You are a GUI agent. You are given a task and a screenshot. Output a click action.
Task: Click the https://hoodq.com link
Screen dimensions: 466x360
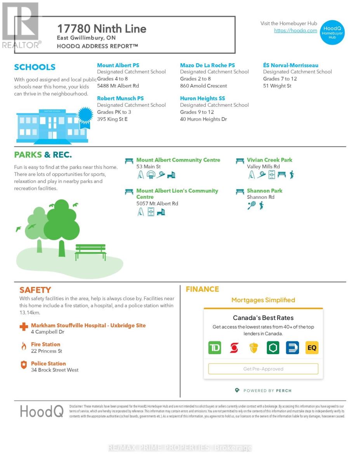pyautogui.click(x=296, y=31)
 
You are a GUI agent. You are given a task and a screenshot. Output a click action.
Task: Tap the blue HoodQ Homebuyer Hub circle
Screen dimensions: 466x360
pyautogui.click(x=332, y=33)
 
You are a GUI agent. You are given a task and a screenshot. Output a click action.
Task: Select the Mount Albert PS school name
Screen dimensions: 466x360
pyautogui.click(x=118, y=65)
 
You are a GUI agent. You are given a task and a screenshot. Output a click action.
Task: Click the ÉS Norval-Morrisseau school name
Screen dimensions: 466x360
pyautogui.click(x=290, y=65)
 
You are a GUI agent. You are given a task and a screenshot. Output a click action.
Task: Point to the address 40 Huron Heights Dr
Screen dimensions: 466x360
pyautogui.click(x=203, y=119)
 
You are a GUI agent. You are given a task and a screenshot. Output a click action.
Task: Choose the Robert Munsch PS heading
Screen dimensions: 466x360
pyautogui.click(x=120, y=99)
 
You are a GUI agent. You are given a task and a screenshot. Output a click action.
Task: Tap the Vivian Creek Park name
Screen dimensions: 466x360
pyautogui.click(x=270, y=160)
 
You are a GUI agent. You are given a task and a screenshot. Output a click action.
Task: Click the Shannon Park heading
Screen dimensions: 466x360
pyautogui.click(x=264, y=191)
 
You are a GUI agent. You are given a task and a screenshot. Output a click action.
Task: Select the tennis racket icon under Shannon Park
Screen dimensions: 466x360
pyautogui.click(x=251, y=205)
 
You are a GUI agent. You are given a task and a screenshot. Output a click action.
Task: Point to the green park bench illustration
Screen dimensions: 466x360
pyautogui.click(x=90, y=252)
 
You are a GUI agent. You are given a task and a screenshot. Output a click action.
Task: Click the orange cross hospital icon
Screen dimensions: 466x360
pyautogui.click(x=24, y=326)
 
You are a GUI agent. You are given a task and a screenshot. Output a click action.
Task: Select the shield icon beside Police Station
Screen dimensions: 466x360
pyautogui.click(x=24, y=365)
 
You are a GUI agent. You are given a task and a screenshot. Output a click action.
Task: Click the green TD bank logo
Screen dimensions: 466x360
pyautogui.click(x=214, y=348)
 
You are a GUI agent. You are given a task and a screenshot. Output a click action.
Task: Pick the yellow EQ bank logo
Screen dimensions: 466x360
pyautogui.click(x=312, y=348)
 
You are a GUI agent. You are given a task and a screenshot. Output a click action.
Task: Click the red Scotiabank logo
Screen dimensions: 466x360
pyautogui.click(x=234, y=348)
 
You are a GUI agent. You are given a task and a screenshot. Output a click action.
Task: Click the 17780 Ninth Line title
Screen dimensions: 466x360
pyautogui.click(x=102, y=29)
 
